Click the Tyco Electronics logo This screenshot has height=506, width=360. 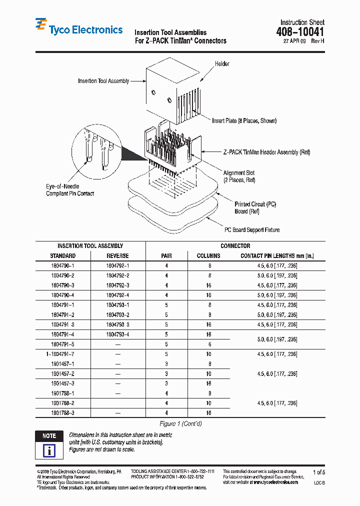pyautogui.click(x=78, y=29)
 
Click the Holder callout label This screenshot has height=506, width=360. pyautogui.click(x=222, y=64)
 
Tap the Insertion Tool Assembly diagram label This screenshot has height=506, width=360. pyautogui.click(x=103, y=81)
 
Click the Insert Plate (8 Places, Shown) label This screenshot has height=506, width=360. pyautogui.click(x=244, y=120)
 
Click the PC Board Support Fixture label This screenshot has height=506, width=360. pyautogui.click(x=251, y=230)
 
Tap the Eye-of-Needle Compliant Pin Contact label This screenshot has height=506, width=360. pyautogui.click(x=69, y=189)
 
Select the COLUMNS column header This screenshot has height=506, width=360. pyautogui.click(x=208, y=255)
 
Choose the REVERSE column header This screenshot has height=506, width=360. pyautogui.click(x=117, y=255)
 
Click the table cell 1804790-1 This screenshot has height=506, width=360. pyautogui.click(x=62, y=265)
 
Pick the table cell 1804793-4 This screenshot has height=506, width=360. pyautogui.click(x=117, y=334)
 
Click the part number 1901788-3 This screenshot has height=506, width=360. pyautogui.click(x=62, y=413)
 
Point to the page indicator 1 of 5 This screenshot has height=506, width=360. pyautogui.click(x=318, y=472)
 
